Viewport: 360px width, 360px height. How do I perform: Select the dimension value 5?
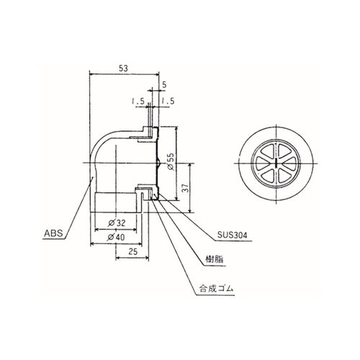pos(164,84)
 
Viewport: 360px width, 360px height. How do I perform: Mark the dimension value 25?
pos(132,251)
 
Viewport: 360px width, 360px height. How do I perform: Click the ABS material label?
pos(53,233)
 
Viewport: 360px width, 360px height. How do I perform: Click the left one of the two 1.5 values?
pos(138,102)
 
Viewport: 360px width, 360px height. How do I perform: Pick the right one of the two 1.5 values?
pos(169,102)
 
